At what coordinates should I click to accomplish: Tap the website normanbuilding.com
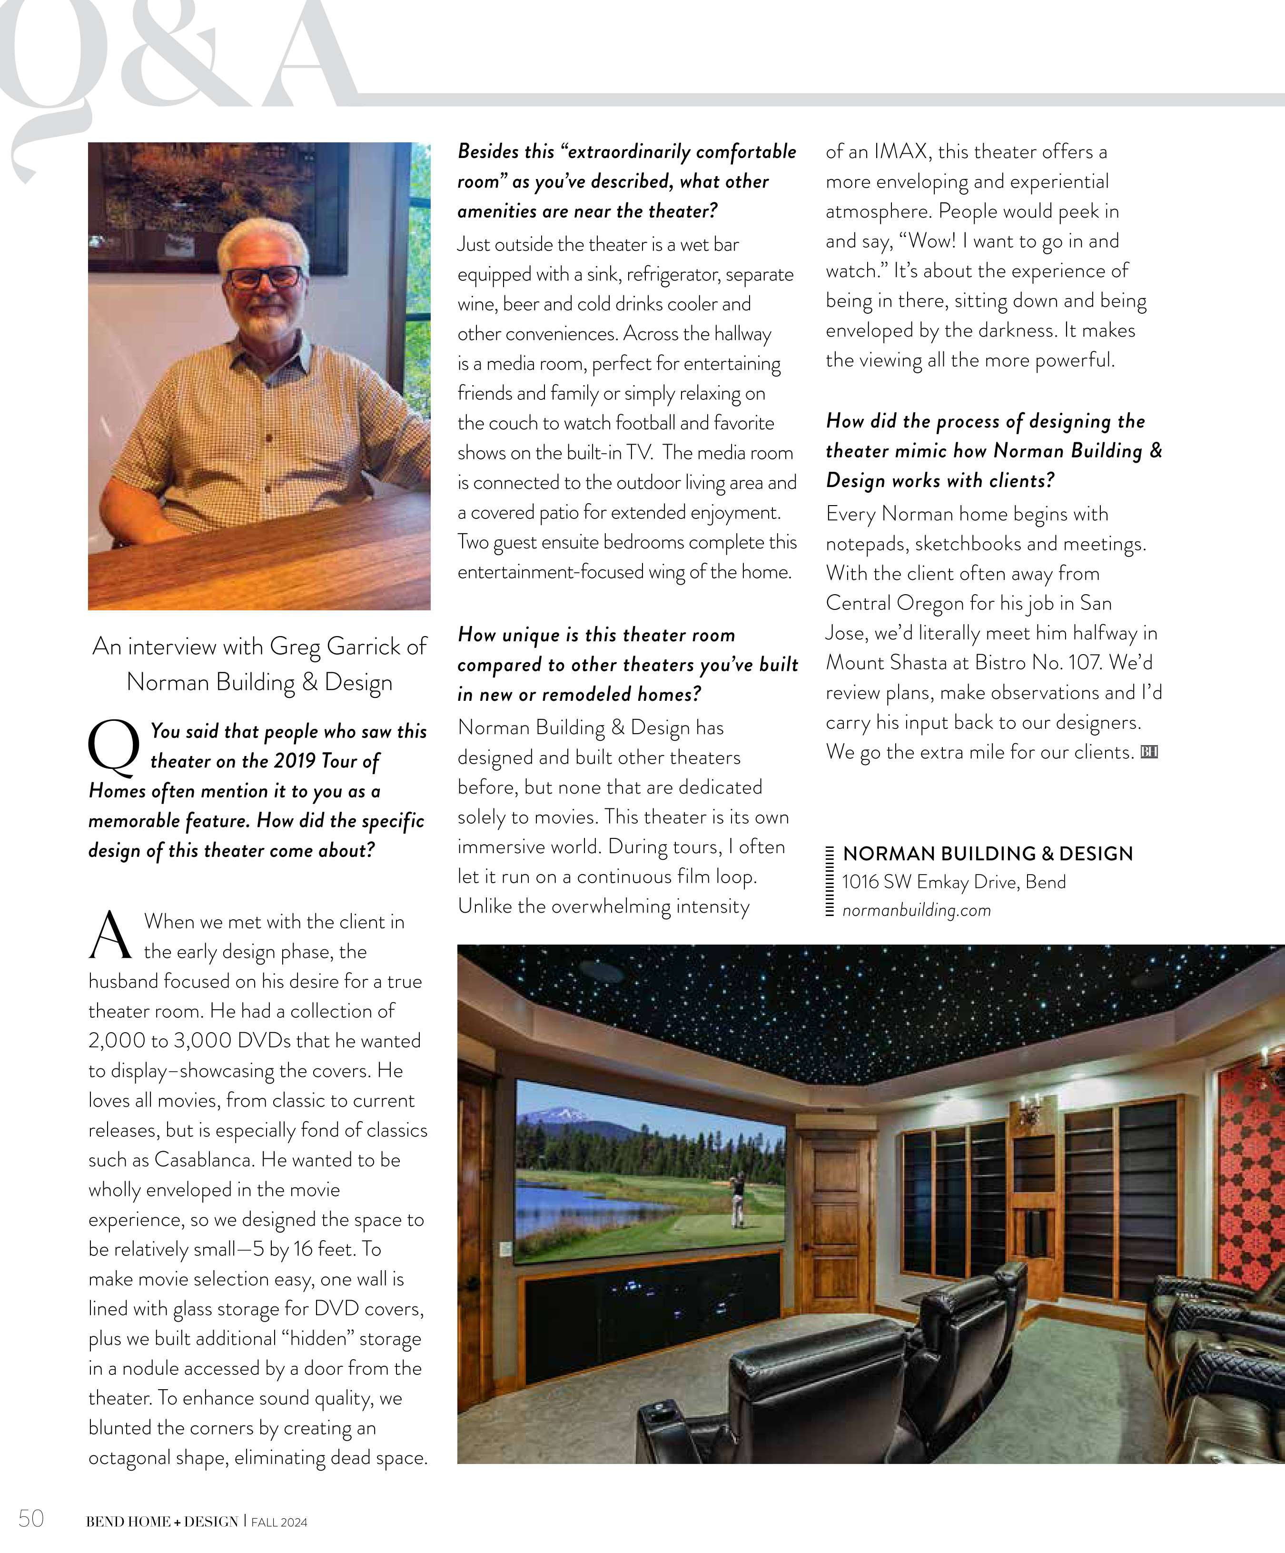916,910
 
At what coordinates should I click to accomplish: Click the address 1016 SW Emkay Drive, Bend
954,882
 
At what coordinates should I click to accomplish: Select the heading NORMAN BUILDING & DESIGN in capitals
987,854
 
